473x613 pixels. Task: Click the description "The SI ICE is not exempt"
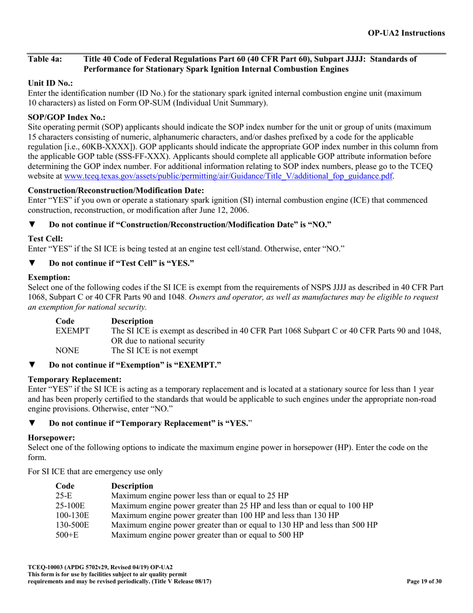point(154,351)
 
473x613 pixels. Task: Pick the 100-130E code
point(72,515)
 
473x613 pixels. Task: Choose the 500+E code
point(67,535)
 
